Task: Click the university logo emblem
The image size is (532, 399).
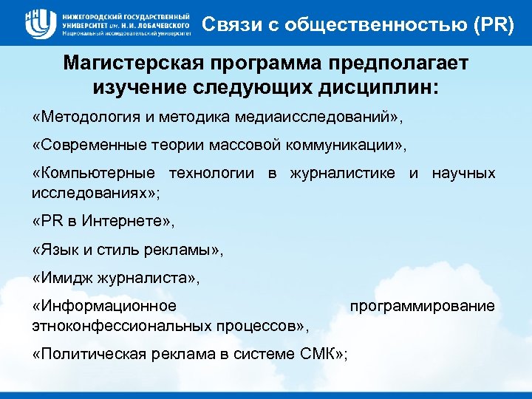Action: (37, 23)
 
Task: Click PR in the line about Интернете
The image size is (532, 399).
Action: (50, 221)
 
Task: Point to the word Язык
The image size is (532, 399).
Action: (57, 250)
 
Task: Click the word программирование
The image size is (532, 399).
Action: (422, 305)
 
